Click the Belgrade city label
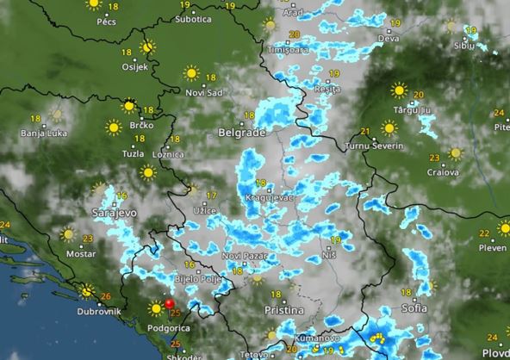(x=240, y=135)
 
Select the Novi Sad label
(x=203, y=92)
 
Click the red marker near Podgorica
(x=170, y=303)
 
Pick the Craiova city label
(x=442, y=171)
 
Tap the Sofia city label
(x=414, y=307)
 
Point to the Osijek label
(x=136, y=66)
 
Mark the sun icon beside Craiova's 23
(x=455, y=154)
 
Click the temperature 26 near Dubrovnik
(x=106, y=297)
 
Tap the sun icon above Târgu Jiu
(x=398, y=89)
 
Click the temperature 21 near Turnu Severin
(x=365, y=132)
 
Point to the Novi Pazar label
(x=241, y=256)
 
